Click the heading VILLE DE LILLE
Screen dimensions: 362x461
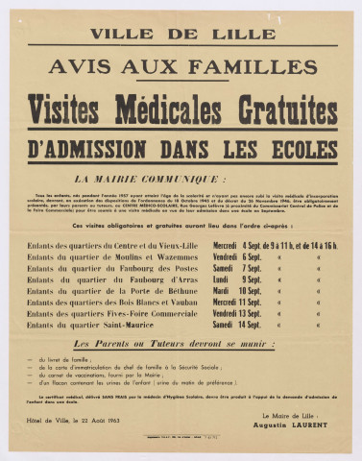[180, 31]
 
